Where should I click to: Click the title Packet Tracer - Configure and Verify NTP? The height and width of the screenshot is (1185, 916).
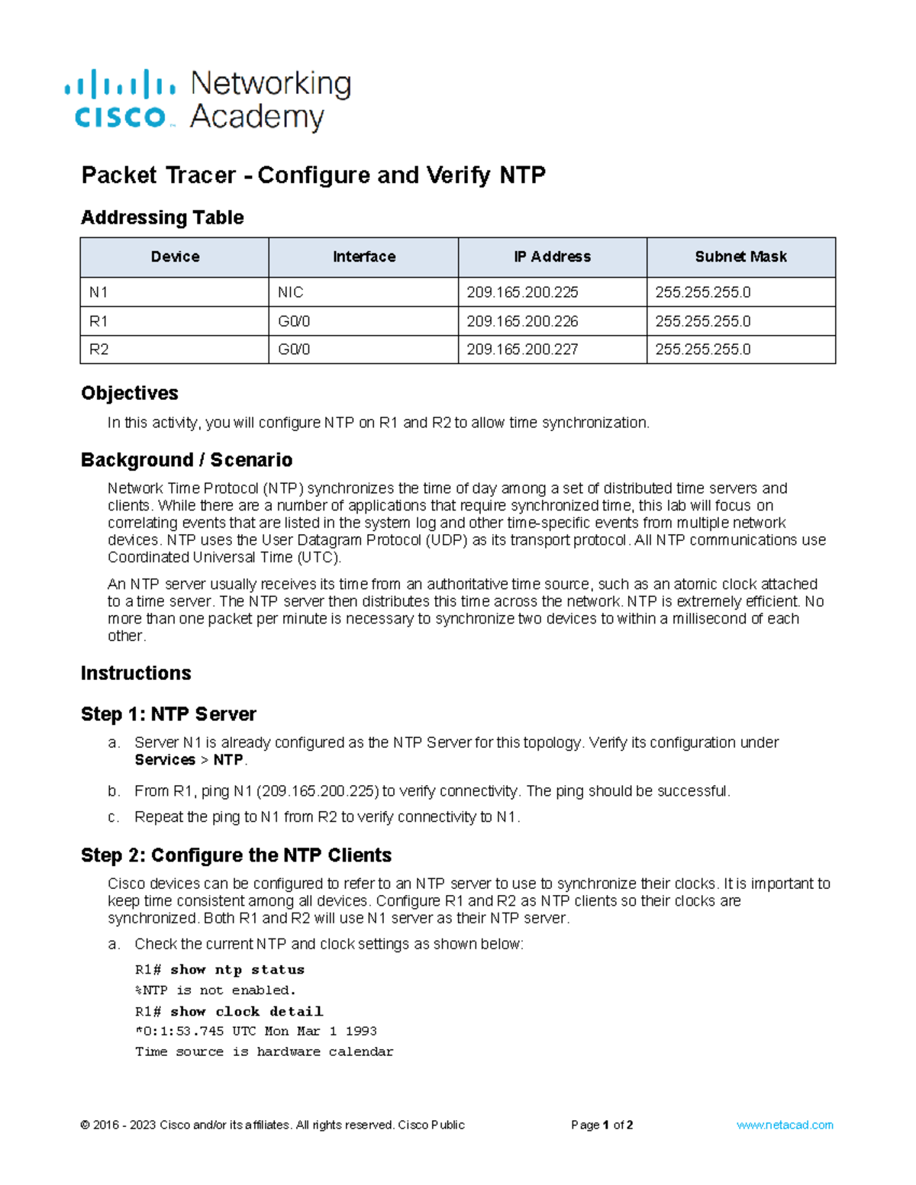[313, 175]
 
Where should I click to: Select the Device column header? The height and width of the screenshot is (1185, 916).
[175, 257]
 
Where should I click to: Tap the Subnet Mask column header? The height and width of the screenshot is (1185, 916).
[740, 257]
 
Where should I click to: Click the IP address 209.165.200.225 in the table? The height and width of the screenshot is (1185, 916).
[522, 292]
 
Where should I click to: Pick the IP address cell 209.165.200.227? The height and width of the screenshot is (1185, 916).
[522, 349]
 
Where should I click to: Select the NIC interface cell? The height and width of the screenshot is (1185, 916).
[291, 292]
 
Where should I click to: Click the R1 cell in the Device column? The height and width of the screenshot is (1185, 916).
[98, 321]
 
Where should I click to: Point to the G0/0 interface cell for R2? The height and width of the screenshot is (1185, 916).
[294, 349]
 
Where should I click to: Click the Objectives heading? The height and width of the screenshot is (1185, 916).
[129, 393]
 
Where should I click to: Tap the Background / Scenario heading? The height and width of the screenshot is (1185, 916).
[186, 460]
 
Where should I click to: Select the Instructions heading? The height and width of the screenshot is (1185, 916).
[136, 673]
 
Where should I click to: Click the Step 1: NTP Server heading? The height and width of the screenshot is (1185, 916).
[168, 714]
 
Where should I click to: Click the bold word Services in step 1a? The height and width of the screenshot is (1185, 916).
[165, 760]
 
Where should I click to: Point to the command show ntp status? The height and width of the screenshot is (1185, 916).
[237, 970]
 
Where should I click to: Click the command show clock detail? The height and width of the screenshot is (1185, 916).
[247, 1012]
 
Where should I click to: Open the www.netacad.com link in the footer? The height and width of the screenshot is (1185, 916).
[785, 1125]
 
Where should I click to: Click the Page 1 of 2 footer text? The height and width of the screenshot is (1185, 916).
[602, 1125]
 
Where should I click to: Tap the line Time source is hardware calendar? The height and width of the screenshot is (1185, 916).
[264, 1051]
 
